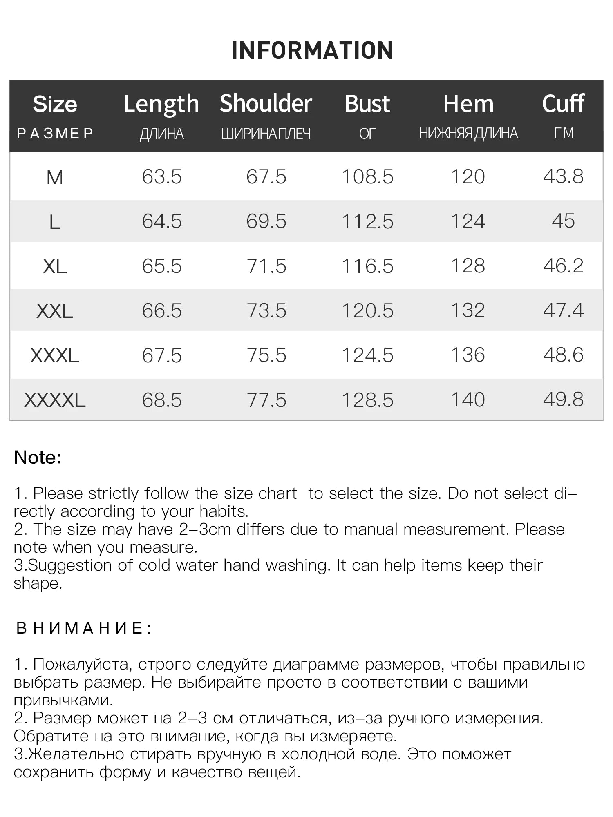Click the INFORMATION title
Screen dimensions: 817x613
tap(312, 51)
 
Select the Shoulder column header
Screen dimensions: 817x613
tap(266, 103)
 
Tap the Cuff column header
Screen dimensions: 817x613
tap(563, 103)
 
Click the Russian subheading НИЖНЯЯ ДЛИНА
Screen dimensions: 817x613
tap(468, 134)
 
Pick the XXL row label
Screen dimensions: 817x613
tap(55, 311)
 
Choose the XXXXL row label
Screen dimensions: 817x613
tap(55, 400)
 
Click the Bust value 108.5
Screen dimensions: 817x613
tap(367, 177)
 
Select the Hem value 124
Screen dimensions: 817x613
tap(468, 221)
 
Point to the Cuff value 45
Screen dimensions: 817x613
tap(563, 221)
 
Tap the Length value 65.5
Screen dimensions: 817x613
tap(162, 266)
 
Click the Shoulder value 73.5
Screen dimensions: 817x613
tap(266, 311)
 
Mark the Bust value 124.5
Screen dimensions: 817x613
tap(367, 355)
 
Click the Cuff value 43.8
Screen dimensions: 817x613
tap(563, 176)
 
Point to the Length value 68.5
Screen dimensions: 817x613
tap(162, 400)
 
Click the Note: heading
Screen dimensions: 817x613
tap(38, 458)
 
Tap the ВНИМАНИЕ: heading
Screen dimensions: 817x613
tap(84, 628)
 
